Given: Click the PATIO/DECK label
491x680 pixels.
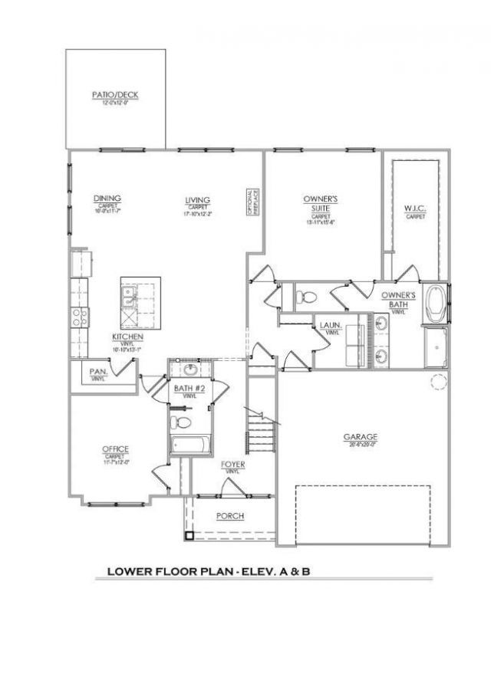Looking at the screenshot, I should coord(115,95).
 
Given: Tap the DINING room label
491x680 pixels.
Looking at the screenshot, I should coord(107,199).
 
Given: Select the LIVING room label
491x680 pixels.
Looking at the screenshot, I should coord(197,202).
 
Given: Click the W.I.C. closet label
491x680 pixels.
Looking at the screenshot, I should coord(415,209).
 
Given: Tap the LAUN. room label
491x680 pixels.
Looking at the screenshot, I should coord(331,325).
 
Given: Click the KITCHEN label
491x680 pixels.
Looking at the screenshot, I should coord(124,337).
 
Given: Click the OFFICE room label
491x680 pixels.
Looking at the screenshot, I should coord(116,449).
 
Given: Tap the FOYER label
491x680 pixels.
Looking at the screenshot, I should coord(232,465).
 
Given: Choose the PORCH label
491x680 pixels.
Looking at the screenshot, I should coord(230,516).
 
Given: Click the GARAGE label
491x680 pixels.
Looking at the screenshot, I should coord(360,437).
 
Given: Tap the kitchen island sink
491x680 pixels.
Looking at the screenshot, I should coord(129,292).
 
